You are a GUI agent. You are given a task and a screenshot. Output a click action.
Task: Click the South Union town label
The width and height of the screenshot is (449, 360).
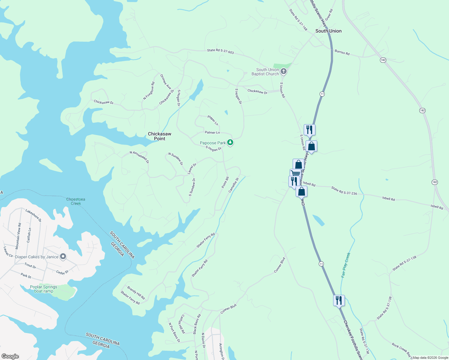328,31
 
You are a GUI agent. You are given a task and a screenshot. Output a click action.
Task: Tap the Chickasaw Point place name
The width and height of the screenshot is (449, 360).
159,136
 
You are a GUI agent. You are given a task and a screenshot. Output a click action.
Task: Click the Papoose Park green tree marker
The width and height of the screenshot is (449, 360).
230,142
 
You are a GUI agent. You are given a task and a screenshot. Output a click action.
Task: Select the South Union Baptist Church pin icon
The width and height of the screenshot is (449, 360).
284,71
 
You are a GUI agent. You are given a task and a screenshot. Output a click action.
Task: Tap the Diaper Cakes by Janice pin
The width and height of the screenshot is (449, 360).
63,256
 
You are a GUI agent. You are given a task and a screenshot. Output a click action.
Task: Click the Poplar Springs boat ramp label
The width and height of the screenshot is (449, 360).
44,289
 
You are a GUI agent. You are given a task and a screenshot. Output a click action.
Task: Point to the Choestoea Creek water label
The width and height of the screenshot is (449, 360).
76,201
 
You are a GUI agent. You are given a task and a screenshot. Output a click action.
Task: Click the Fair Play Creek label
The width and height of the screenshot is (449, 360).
346,265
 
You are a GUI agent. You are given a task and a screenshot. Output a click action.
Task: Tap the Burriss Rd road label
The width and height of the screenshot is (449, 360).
342,52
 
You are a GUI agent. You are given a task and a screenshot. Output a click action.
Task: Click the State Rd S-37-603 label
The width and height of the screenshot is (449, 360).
220,52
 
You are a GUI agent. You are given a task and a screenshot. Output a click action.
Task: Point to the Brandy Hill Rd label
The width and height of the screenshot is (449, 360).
136,293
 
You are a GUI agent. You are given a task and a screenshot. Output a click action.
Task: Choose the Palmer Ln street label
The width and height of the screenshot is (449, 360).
212,132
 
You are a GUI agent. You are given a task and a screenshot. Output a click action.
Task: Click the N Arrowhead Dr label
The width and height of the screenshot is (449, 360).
139,157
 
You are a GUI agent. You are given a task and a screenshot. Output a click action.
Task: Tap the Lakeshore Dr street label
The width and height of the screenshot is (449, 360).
33,215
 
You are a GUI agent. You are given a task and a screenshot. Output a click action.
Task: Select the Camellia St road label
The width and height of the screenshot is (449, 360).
233,185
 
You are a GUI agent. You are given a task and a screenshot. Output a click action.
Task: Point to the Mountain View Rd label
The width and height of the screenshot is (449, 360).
18,236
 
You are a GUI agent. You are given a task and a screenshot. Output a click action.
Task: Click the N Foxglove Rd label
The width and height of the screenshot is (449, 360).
149,91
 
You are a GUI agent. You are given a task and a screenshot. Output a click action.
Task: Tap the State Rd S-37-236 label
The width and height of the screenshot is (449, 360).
344,191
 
